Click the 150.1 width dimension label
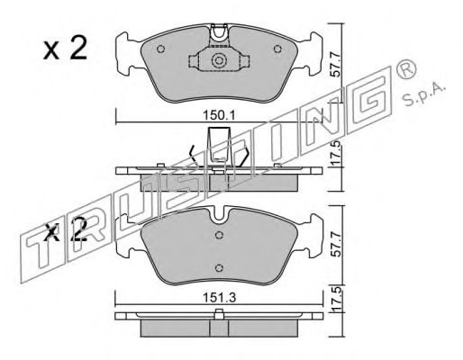coord(220,115)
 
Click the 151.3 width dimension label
coord(220,298)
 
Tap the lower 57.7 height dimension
coord(336,245)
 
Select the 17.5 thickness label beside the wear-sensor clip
coord(336,153)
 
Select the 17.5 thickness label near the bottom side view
coord(336,299)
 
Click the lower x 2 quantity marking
coord(65,230)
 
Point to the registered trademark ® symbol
coord(406,69)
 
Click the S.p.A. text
coord(424,94)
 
